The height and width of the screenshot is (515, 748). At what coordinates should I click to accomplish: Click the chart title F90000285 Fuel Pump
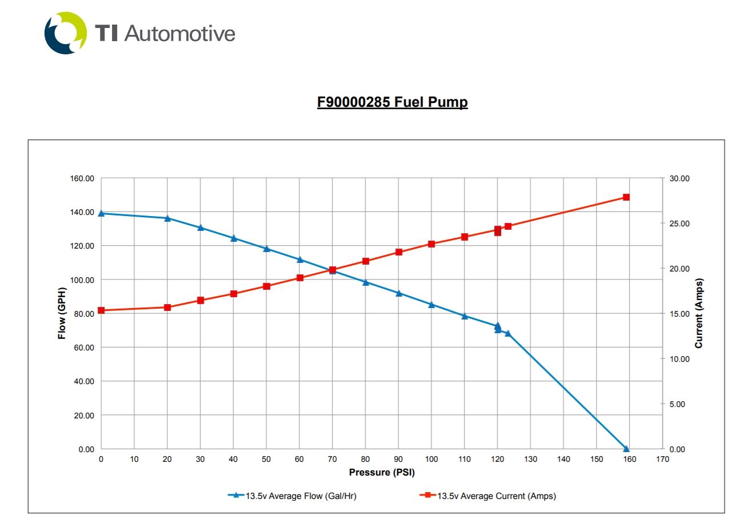point(392,102)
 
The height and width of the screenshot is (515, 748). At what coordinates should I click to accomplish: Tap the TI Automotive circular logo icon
point(66,33)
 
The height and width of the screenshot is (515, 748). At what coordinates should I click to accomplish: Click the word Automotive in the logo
point(179,33)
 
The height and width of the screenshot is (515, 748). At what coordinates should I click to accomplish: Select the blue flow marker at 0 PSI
point(101,213)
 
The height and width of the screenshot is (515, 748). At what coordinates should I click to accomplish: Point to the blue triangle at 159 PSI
point(626,449)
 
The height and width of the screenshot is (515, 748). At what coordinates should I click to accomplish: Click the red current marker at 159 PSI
point(626,197)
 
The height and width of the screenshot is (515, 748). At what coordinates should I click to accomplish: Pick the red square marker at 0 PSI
point(101,310)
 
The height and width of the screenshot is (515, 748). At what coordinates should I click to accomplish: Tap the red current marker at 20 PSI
point(167,308)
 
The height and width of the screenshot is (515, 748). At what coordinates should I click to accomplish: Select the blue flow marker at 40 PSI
point(234,238)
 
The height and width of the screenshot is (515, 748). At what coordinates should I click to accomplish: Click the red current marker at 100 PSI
point(432,244)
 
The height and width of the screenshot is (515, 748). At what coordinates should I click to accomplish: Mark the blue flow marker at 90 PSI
point(399,293)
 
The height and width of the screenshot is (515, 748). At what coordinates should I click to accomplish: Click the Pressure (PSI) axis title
point(382,473)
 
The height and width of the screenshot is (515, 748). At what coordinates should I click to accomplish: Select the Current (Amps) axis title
point(698,313)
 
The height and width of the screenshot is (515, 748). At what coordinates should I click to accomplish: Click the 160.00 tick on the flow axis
point(82,178)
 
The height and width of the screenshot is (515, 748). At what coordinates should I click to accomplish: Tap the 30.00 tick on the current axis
point(680,178)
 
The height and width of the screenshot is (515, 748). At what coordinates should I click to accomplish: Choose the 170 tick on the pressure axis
point(663,459)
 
